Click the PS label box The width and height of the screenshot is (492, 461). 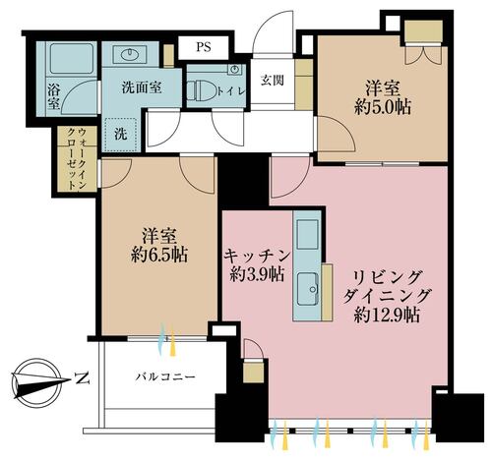[203, 47]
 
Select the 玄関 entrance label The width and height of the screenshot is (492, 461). [273, 81]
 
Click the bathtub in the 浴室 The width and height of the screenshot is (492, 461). [71, 59]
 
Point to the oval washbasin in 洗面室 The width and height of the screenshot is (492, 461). [130, 54]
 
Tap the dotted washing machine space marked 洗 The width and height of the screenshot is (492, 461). [121, 135]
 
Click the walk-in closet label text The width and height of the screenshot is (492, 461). [77, 159]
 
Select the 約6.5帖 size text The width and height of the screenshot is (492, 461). [159, 255]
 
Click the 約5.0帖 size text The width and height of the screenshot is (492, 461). [383, 107]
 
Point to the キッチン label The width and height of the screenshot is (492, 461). [257, 256]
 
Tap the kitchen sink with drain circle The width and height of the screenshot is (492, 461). [308, 288]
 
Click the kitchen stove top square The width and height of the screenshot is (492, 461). [307, 235]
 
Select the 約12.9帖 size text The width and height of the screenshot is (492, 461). [387, 316]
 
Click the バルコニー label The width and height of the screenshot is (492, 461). [165, 376]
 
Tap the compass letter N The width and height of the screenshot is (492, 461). [82, 378]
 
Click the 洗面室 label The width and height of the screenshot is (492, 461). [142, 87]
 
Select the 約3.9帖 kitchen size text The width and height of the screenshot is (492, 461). [257, 274]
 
